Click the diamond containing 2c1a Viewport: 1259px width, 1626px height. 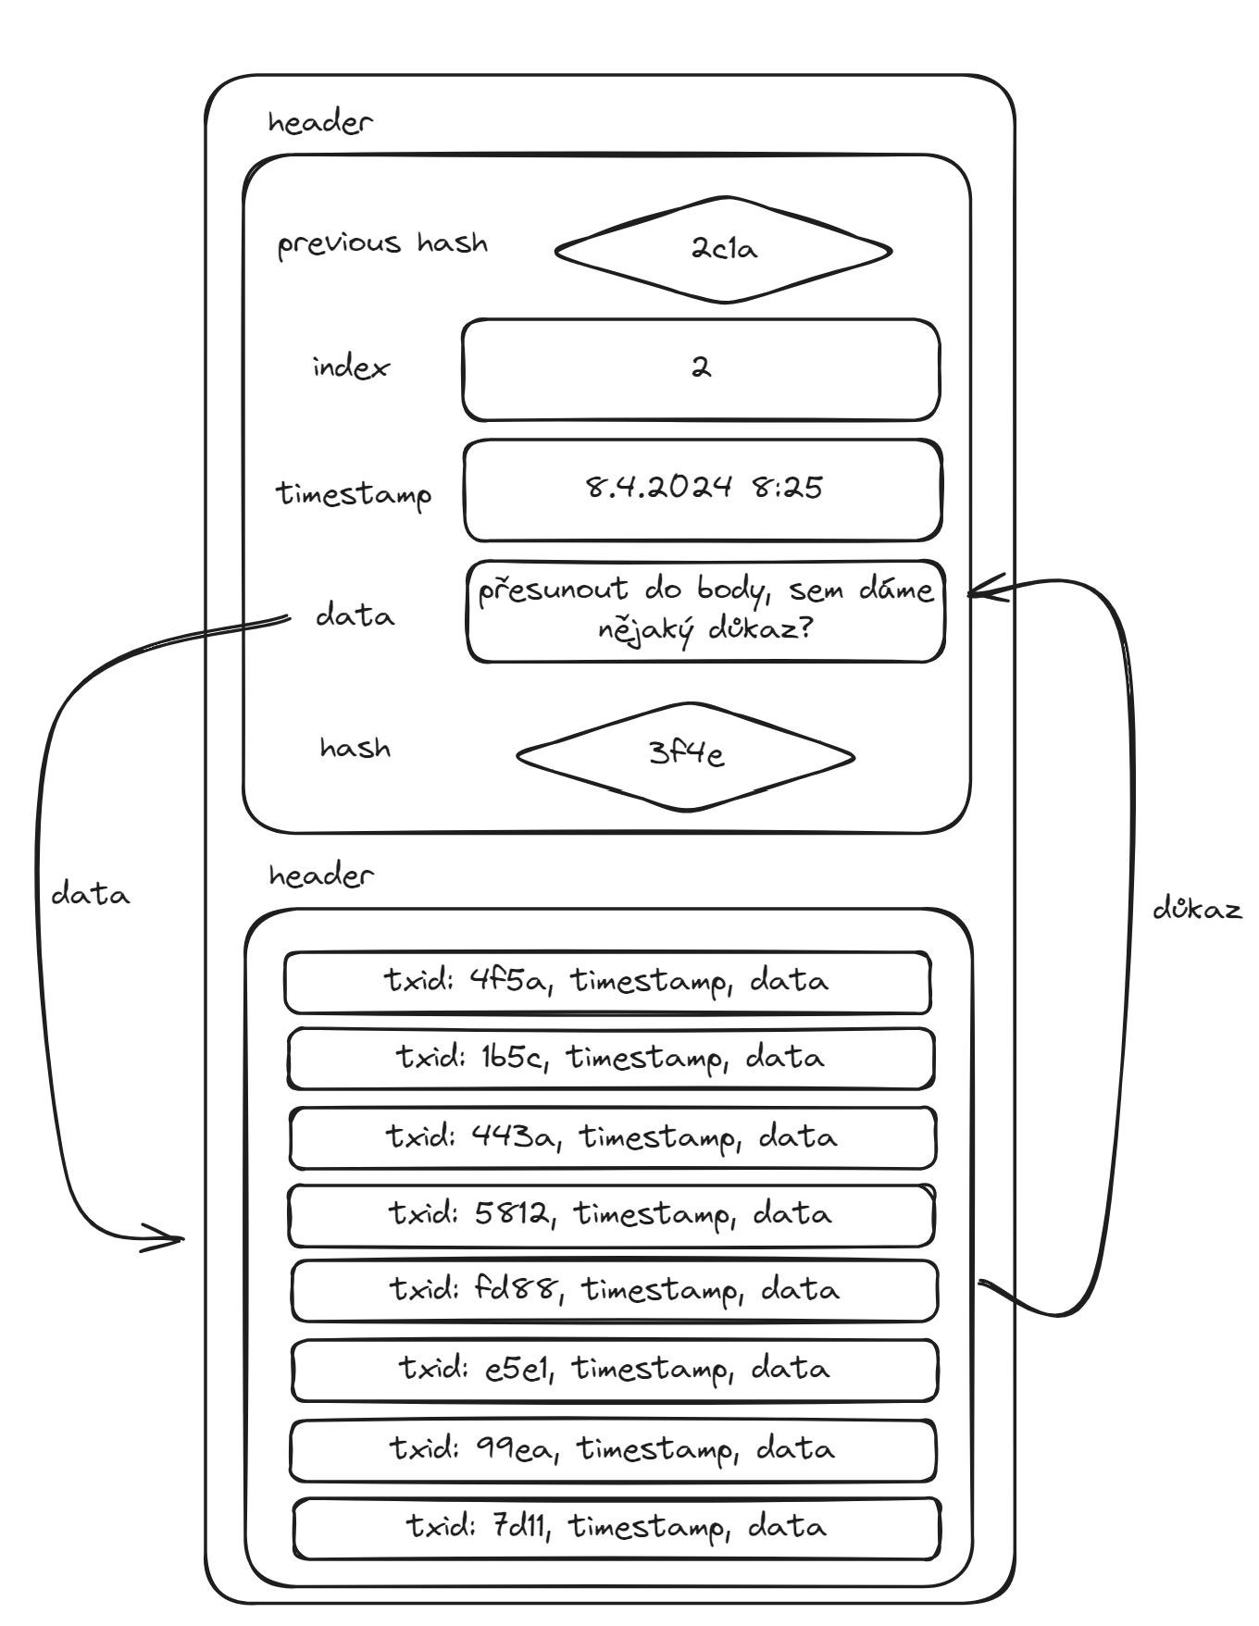(x=723, y=250)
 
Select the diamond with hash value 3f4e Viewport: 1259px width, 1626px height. (x=685, y=756)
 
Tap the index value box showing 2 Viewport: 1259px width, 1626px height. (x=701, y=370)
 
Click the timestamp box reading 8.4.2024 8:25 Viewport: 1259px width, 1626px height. (x=703, y=490)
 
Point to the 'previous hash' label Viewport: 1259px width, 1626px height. (x=382, y=244)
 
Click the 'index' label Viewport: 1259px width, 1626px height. (x=351, y=367)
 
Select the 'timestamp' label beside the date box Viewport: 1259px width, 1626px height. (x=354, y=493)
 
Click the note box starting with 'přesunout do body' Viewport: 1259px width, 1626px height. (x=705, y=611)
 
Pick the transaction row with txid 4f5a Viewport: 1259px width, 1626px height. (x=607, y=982)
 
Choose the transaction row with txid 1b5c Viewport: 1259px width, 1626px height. (x=611, y=1059)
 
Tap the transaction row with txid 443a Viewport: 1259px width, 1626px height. (x=612, y=1137)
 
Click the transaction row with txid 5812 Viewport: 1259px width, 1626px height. (x=611, y=1215)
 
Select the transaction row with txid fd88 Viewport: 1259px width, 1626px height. (x=615, y=1290)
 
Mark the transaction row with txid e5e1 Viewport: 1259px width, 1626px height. (x=615, y=1370)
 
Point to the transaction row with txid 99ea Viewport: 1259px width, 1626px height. (x=613, y=1450)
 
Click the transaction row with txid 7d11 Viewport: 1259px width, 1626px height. (x=617, y=1528)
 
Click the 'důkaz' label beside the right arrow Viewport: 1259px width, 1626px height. (x=1197, y=910)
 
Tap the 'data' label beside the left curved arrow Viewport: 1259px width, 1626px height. (x=90, y=895)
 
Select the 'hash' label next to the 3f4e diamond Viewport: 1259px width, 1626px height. (x=355, y=748)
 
